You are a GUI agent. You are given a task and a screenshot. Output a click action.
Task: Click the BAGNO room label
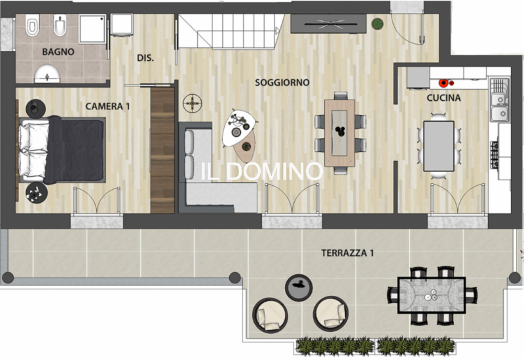click(58, 52)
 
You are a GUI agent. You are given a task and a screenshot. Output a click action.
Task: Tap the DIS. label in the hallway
click(145, 58)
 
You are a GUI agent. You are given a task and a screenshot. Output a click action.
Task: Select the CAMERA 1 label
click(107, 106)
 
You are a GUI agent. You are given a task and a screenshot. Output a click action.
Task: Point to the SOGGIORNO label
click(282, 82)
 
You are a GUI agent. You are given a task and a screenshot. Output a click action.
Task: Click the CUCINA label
click(444, 98)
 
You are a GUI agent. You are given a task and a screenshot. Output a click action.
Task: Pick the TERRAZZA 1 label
click(348, 253)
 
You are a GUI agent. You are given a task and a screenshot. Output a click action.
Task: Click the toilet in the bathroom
click(32, 25)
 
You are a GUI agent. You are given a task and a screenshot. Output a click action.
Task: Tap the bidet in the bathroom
click(60, 26)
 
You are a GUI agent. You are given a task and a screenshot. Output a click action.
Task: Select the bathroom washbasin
click(47, 74)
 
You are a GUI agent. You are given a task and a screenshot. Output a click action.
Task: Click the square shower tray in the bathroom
click(92, 29)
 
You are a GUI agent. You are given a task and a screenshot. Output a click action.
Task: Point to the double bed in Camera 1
click(62, 150)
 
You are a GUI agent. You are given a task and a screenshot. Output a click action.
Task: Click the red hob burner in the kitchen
click(444, 83)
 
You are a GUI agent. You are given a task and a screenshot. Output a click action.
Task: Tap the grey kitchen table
click(439, 146)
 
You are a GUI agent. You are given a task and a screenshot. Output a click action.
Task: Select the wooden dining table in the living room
click(339, 133)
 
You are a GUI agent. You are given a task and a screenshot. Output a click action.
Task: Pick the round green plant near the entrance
click(377, 24)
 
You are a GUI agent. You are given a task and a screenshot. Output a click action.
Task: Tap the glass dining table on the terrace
click(432, 296)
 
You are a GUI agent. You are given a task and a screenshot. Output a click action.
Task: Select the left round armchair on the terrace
click(270, 315)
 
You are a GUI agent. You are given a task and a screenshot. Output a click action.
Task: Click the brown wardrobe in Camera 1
click(162, 150)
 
